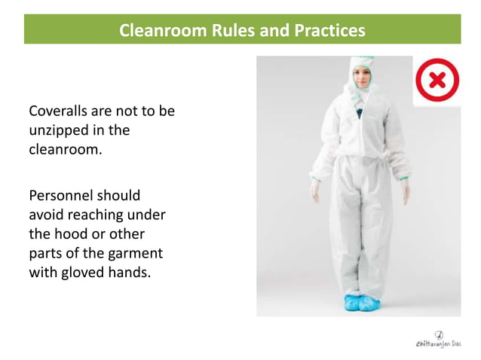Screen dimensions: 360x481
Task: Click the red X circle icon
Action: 437,81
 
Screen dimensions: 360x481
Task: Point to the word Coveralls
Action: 60,111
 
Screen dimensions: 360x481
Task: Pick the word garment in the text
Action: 136,252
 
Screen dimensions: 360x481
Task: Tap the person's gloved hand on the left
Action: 314,191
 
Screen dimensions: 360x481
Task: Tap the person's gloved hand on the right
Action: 405,191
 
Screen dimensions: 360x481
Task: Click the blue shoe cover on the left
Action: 351,303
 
